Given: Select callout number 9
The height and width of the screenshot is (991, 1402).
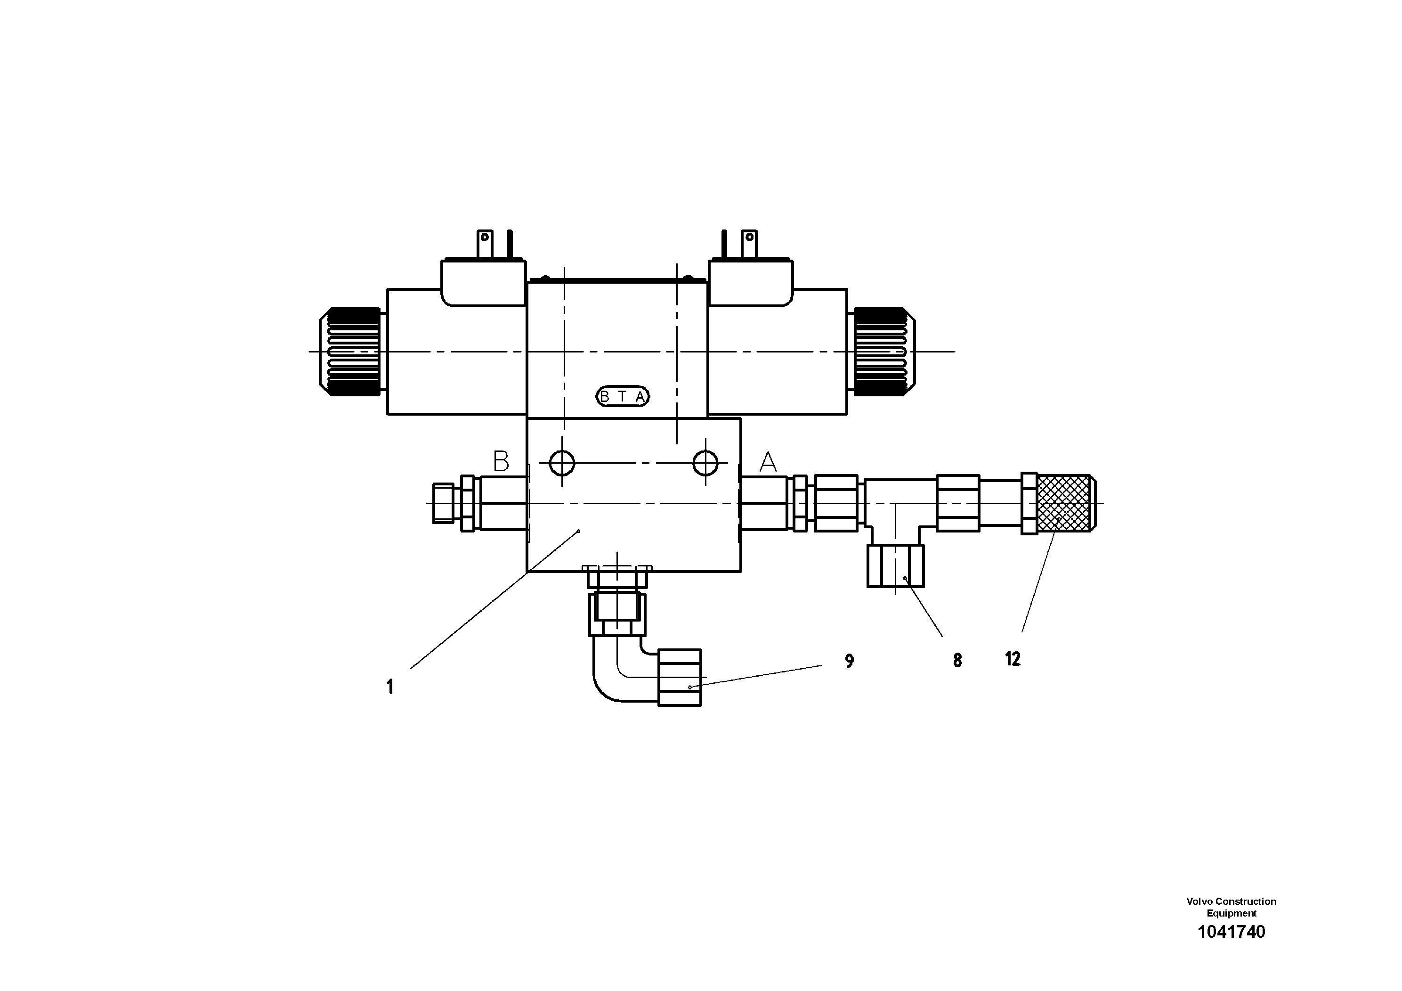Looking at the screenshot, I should [x=849, y=661].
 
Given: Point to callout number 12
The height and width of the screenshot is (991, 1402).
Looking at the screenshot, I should [x=1013, y=659].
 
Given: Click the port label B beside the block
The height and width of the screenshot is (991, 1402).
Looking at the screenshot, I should [x=501, y=461].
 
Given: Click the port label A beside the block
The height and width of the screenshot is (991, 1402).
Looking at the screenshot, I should [x=768, y=462].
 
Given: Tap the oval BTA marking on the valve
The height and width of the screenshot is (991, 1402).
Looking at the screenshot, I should [x=622, y=396].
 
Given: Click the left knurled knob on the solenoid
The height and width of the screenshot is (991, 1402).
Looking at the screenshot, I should [x=350, y=352].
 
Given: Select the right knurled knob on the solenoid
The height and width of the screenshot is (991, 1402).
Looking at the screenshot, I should [x=883, y=352].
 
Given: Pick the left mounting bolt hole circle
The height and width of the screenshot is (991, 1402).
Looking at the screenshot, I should [x=562, y=463].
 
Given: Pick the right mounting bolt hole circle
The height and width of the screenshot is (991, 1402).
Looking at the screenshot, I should [x=705, y=463].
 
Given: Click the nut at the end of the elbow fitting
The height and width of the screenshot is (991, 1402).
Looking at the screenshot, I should [x=679, y=678].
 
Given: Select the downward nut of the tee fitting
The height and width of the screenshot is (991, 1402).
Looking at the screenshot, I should [x=895, y=566].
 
